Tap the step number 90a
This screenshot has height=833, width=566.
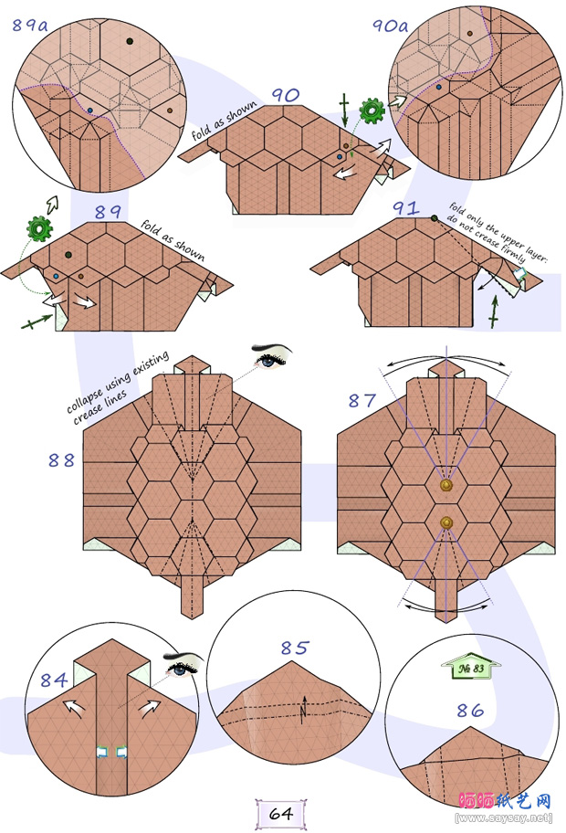pos(390,25)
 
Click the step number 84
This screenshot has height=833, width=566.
pos(52,680)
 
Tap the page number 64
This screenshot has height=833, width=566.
pos(281,812)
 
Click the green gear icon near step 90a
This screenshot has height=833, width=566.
pos(372,111)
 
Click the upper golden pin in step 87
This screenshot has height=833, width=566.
pos(446,487)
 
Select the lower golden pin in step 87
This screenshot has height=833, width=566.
pos(446,522)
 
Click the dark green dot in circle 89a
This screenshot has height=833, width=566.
pos(130,41)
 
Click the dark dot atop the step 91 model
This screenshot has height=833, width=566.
pos(435,217)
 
